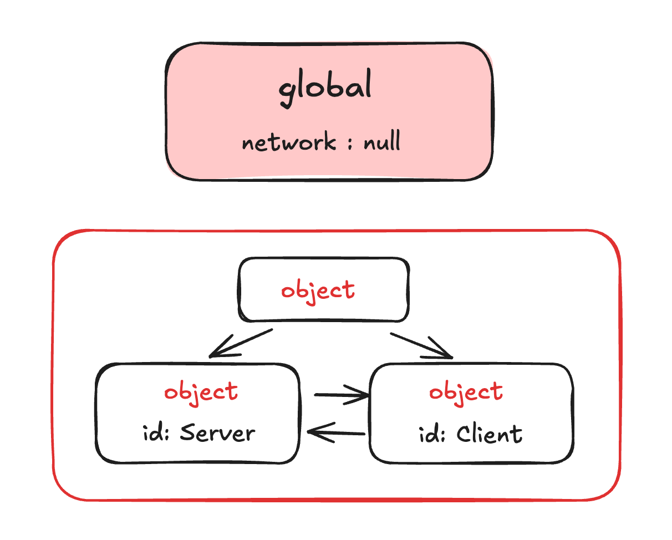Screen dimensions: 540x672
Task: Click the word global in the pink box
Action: tap(325, 89)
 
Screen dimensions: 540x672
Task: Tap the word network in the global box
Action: tap(289, 143)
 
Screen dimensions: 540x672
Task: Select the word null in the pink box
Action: tap(382, 142)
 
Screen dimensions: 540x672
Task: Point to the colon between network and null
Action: tap(350, 144)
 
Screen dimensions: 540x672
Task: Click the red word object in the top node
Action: tap(318, 291)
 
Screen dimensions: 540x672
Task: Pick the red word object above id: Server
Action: tap(201, 391)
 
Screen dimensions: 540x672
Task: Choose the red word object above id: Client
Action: tap(466, 391)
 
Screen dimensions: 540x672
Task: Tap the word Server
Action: tap(218, 432)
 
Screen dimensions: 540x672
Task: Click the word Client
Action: tap(490, 433)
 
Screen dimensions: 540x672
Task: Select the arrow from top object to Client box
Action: tap(422, 344)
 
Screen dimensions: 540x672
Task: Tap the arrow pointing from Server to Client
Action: tap(341, 395)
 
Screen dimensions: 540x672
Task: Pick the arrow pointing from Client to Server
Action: tap(336, 432)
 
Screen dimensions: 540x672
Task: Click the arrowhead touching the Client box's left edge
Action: tap(361, 395)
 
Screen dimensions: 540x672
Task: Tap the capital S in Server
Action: tap(189, 432)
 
